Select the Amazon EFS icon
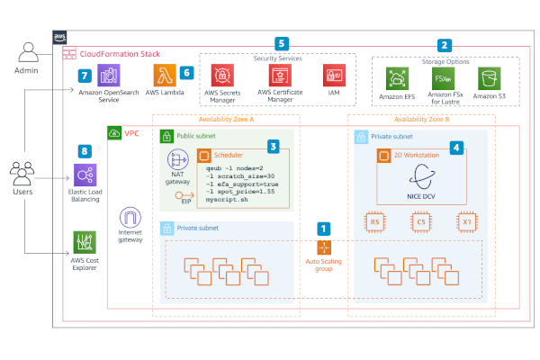click(397, 78)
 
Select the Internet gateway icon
click(131, 219)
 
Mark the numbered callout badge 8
click(85, 152)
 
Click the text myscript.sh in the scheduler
click(226, 200)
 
